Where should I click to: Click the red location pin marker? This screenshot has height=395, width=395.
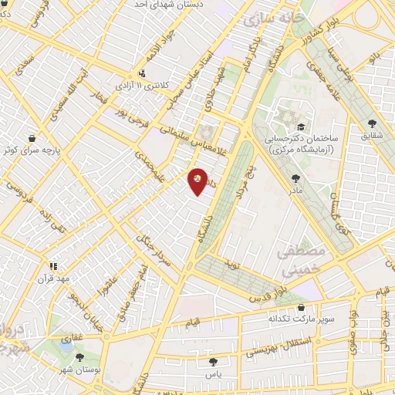point(198,181)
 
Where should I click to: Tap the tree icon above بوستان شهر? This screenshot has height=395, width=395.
point(79,356)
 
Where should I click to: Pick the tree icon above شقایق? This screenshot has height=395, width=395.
point(372,123)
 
